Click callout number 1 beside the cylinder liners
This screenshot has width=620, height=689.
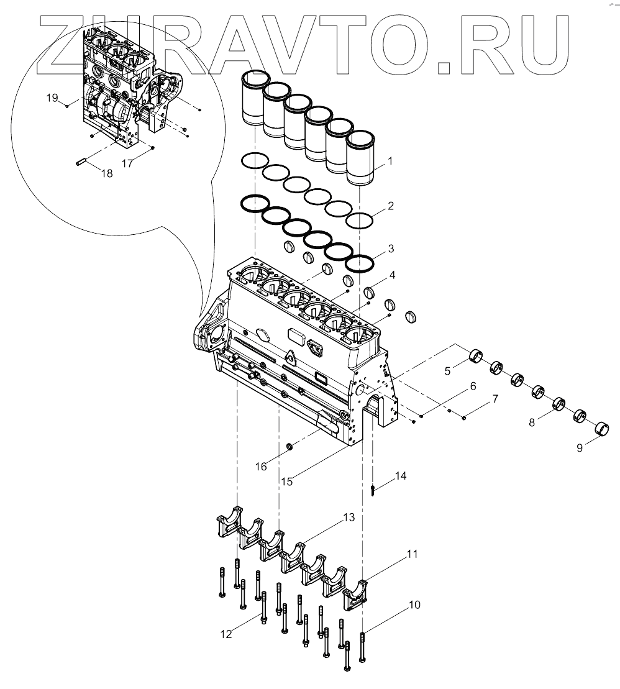click(x=390, y=162)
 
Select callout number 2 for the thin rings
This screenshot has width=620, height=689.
click(x=390, y=205)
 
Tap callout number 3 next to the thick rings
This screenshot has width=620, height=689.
click(x=390, y=249)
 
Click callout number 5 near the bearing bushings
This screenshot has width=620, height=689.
click(x=447, y=372)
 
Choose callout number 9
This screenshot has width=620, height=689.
click(x=579, y=447)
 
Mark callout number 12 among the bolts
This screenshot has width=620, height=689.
click(x=226, y=634)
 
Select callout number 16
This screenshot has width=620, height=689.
click(x=262, y=465)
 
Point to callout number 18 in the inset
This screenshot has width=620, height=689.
click(x=107, y=173)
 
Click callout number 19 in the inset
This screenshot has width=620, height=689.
click(x=52, y=98)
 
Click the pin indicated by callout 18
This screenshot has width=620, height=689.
click(x=81, y=163)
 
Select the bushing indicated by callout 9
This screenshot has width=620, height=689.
click(x=602, y=429)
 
